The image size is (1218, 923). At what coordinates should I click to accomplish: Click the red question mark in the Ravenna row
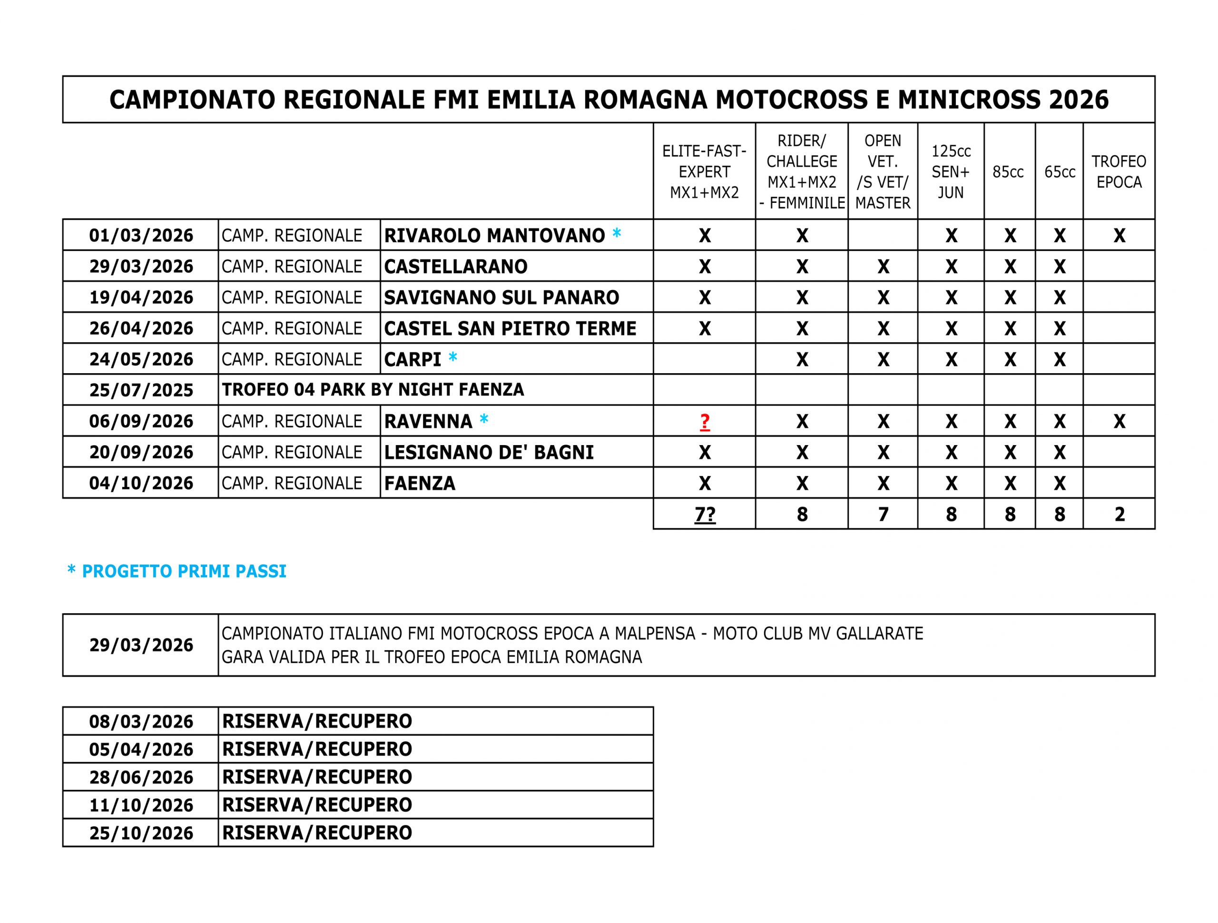(704, 422)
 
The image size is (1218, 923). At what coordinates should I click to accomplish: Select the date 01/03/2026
(141, 235)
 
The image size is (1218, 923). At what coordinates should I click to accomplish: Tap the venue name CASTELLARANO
(455, 267)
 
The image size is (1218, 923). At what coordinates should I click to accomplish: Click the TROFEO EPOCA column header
(1119, 171)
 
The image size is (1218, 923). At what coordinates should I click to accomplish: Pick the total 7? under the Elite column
(704, 514)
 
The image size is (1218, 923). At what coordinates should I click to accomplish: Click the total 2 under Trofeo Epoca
(1119, 514)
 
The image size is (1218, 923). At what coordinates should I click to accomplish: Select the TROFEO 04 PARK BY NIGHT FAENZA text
(373, 389)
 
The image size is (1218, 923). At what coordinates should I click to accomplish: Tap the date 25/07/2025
(141, 390)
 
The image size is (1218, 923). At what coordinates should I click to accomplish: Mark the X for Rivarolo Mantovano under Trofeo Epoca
(1119, 236)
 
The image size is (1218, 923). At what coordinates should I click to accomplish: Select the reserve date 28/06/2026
(141, 777)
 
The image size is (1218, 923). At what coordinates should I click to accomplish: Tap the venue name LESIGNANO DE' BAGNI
(489, 452)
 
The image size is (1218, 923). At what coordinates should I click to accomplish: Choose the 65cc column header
(1060, 172)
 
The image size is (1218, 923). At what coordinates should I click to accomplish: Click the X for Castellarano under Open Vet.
(883, 267)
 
